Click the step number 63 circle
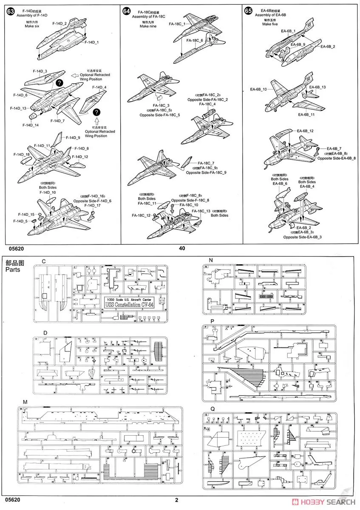tap(10, 11)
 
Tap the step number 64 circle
tap(126, 11)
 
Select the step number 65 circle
tap(248, 11)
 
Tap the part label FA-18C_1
tap(177, 24)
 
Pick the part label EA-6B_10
tap(258, 89)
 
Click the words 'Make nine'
tap(147, 26)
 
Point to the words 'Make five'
tap(269, 24)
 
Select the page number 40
tap(182, 248)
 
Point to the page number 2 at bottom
tap(176, 500)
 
